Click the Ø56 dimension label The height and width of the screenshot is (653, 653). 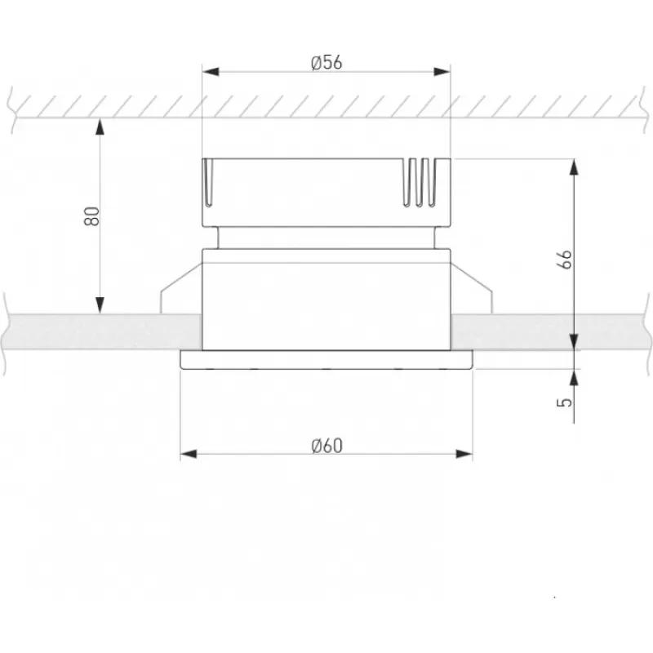[326, 63]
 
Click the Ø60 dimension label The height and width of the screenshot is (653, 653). [327, 446]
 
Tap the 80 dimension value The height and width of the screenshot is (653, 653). [92, 216]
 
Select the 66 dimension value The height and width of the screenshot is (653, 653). [565, 260]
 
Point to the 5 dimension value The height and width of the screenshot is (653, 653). [565, 402]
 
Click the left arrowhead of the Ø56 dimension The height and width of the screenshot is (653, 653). [211, 72]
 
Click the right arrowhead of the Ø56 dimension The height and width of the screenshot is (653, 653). [442, 72]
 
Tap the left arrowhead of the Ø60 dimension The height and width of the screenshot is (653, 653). [189, 454]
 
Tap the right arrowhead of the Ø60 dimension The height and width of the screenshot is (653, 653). [464, 454]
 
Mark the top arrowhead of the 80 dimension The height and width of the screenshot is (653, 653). [100, 127]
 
